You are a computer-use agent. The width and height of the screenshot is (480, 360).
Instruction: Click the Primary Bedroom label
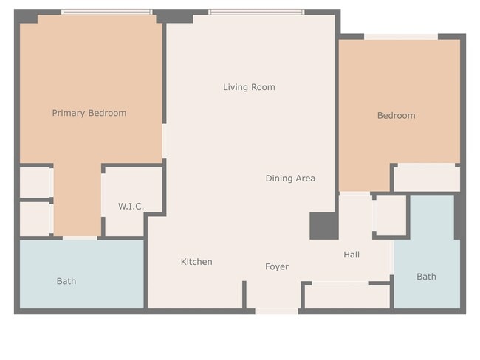[89, 113]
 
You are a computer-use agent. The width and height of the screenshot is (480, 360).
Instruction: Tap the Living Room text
[249, 87]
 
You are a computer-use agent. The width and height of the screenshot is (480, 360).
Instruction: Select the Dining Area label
[290, 178]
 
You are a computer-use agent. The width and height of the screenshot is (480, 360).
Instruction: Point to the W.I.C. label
[131, 206]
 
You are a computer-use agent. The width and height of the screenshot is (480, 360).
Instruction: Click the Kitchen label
[196, 262]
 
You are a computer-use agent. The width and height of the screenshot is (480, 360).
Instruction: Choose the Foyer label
[277, 266]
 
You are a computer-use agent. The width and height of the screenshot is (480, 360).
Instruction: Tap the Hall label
[352, 255]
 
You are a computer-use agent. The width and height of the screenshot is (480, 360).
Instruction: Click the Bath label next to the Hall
[426, 277]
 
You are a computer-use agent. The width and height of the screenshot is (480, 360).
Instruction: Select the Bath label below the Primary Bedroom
[66, 281]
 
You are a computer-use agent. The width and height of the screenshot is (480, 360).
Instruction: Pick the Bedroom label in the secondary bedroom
[396, 115]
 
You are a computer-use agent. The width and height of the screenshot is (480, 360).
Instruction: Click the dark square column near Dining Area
[323, 226]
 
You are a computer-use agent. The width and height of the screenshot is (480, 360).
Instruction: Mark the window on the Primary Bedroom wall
[106, 13]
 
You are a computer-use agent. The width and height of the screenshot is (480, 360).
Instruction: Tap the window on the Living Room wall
[256, 13]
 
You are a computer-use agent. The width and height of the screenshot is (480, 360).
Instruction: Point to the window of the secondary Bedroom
[401, 36]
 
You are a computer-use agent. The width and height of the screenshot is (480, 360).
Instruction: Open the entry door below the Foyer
[277, 311]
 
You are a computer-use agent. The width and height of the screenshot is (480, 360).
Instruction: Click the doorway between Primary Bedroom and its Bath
[80, 238]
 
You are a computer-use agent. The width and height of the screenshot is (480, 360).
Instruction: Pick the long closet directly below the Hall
[346, 297]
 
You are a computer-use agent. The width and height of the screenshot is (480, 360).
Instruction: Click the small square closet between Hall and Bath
[390, 215]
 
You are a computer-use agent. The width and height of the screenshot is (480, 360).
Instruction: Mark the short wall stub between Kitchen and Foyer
[244, 294]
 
